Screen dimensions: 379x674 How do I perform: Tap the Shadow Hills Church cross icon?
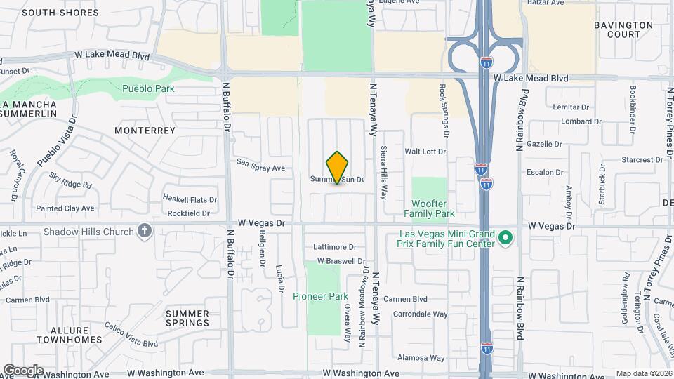click(x=145, y=231)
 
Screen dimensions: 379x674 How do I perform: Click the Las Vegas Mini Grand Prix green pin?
click(x=505, y=239)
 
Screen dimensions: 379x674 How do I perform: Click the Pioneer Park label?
click(x=321, y=296)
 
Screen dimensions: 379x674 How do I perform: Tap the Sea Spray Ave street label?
click(x=260, y=168)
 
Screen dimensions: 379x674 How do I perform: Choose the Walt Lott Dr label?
click(x=425, y=152)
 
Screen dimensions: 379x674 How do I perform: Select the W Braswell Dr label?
click(x=338, y=260)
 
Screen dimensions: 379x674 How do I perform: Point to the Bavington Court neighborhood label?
click(x=623, y=29)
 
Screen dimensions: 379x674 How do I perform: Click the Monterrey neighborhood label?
click(x=145, y=131)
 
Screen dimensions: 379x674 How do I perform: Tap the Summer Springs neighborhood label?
click(x=187, y=318)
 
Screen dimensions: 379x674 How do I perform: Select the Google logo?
click(x=23, y=370)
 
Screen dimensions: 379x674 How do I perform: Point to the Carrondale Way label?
click(x=421, y=314)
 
